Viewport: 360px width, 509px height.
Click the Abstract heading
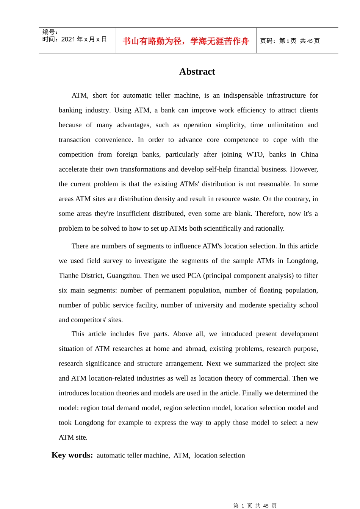click(197, 72)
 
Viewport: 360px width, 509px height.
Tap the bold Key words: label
click(72, 455)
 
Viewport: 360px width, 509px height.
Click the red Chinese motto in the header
click(186, 41)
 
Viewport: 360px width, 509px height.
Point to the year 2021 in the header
click(68, 39)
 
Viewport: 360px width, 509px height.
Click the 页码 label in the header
click(268, 41)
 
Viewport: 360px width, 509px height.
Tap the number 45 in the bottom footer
click(266, 506)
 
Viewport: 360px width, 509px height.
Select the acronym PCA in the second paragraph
click(194, 276)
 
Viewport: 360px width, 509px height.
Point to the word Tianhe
click(70, 276)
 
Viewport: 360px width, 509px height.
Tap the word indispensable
click(243, 95)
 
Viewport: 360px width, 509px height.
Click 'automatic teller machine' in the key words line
click(133, 456)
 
